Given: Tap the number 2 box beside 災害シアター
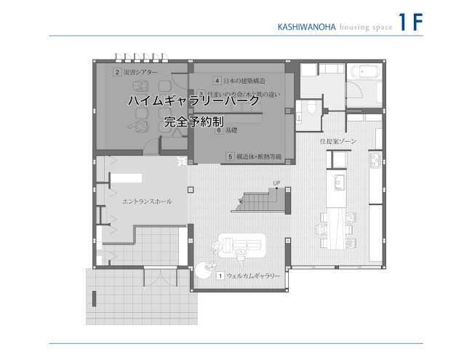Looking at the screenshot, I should pos(116,72).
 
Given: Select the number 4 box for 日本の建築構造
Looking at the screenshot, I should pos(217,80).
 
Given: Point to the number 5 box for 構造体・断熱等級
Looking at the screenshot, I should pos(230,156).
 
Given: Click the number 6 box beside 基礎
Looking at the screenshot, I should pos(218,131).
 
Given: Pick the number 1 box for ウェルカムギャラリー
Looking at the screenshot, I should pos(220,276).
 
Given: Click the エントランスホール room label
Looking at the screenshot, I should pos(148,201).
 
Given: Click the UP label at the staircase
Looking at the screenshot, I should pos(276,183).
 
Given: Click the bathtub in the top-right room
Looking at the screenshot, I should pos(361,74).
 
